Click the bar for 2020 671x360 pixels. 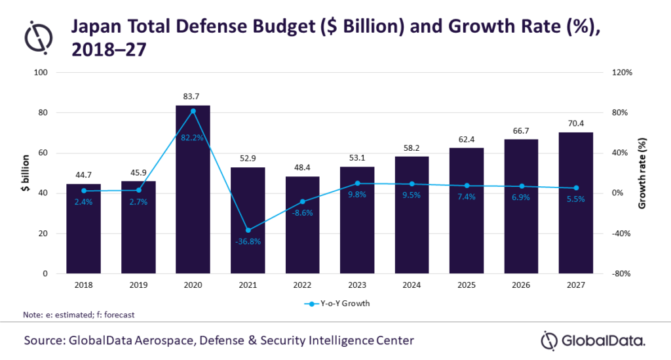coord(193,190)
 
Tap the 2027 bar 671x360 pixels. coord(575,203)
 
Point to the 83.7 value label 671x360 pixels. coord(193,96)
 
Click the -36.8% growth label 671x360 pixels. coord(248,241)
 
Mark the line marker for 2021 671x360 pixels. coord(248,230)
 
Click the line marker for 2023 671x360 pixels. coord(357,184)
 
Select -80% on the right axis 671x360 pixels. coord(620,274)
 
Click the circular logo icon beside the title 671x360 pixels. coord(38,37)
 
